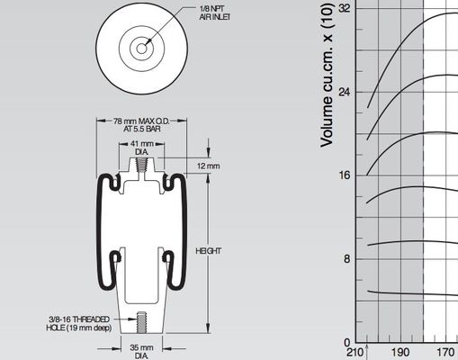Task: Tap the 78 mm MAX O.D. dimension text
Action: [x=141, y=126]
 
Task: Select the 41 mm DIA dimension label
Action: [x=141, y=148]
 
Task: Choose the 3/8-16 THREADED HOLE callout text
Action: [x=79, y=323]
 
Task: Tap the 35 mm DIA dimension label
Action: [x=140, y=351]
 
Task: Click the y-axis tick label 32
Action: [x=343, y=8]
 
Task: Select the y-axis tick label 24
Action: [x=343, y=92]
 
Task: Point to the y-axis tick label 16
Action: [x=343, y=175]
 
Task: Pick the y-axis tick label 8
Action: [x=346, y=258]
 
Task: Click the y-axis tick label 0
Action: [x=346, y=342]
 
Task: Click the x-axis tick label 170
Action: [x=445, y=353]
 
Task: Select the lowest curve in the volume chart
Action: [x=405, y=293]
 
